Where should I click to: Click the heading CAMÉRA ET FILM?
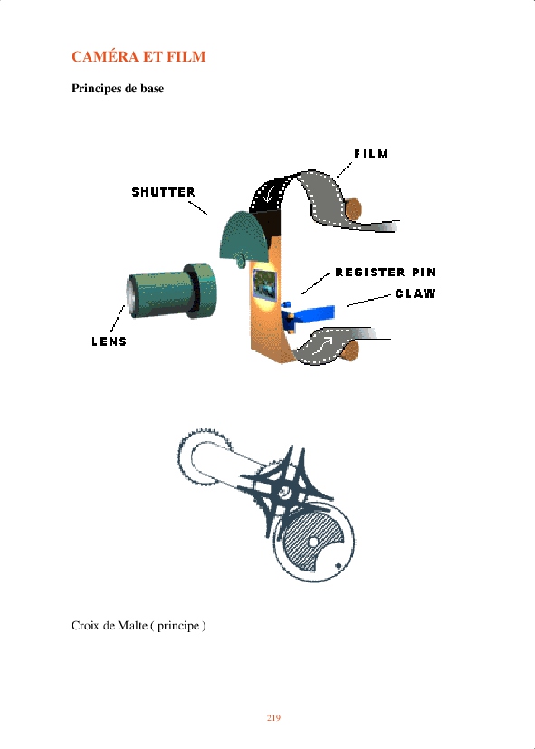coord(139,56)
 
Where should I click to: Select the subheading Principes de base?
coord(118,89)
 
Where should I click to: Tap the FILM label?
coord(371,154)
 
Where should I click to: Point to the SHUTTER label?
coord(163,192)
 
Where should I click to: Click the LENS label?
coord(110,341)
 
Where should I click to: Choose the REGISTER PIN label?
coord(386,273)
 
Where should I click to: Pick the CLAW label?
coord(416,293)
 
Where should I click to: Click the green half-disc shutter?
coord(244,237)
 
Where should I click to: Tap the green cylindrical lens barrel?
coord(172,292)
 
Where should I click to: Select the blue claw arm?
coord(308,315)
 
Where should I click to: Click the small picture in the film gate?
coord(264,284)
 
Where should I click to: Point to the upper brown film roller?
coord(353,209)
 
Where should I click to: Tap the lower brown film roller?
coord(350,350)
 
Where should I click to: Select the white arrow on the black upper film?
coord(270,195)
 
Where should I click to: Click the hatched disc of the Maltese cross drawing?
coord(312,543)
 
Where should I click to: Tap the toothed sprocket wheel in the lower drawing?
coord(205,457)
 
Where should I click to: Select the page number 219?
coord(273,718)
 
